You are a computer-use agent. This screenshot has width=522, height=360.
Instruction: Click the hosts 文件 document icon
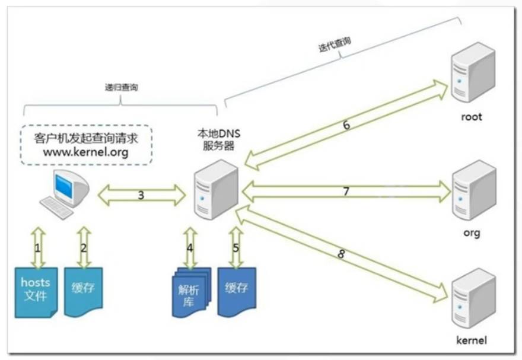pyautogui.click(x=36, y=291)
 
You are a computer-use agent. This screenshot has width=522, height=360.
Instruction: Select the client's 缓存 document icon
pyautogui.click(x=83, y=291)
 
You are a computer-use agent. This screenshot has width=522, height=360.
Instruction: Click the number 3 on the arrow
pyautogui.click(x=141, y=195)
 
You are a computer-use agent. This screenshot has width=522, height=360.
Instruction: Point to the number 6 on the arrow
pyautogui.click(x=346, y=125)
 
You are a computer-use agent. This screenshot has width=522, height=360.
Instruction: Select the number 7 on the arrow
pyautogui.click(x=346, y=191)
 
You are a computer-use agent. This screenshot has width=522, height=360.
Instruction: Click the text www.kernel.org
pyautogui.click(x=87, y=152)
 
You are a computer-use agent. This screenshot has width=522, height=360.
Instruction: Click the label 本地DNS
pyautogui.click(x=218, y=135)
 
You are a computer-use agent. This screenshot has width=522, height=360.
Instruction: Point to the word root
pyautogui.click(x=472, y=117)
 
